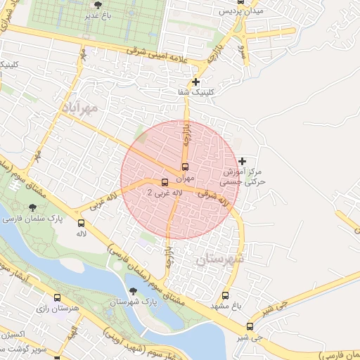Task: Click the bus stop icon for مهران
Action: [x=185, y=167]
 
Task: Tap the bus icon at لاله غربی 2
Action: [x=165, y=182]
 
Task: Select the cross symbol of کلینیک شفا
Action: [x=196, y=82]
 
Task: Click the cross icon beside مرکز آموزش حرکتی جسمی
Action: [x=243, y=161]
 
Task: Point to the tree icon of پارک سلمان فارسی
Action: [x=33, y=207]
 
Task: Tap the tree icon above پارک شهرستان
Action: [x=132, y=291]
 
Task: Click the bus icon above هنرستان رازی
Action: [x=57, y=297]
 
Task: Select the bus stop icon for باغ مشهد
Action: [x=225, y=295]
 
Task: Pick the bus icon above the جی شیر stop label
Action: [x=250, y=326]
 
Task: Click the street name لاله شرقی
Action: [x=214, y=197]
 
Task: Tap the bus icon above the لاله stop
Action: [x=81, y=224]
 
